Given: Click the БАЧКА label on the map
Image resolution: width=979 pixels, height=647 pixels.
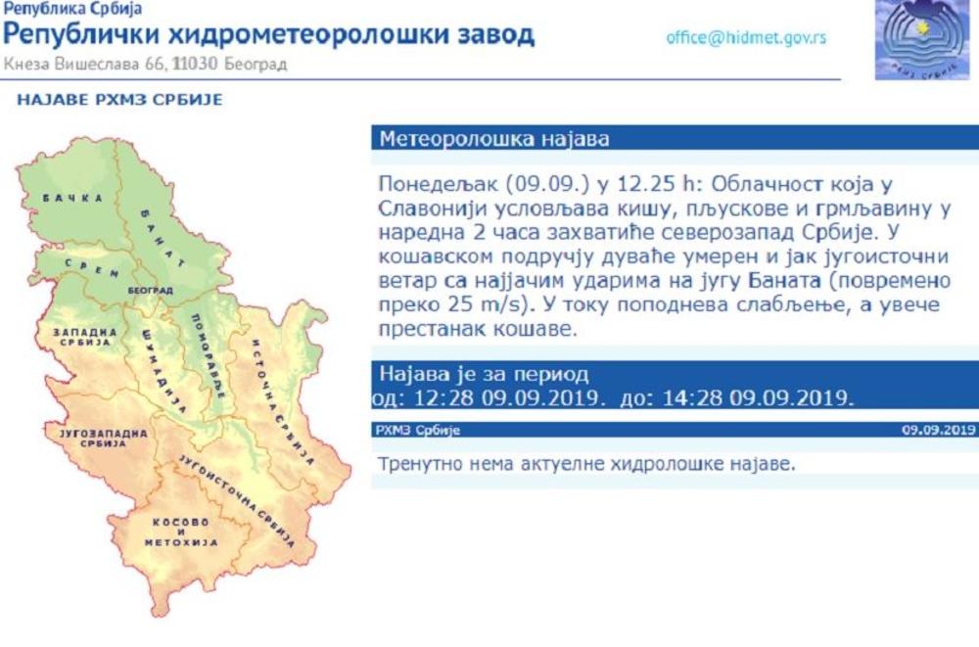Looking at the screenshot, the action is pos(73,198).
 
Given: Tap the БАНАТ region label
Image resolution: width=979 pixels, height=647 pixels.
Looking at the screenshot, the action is pos(162,238).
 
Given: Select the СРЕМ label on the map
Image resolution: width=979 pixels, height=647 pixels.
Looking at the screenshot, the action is pos(91,268).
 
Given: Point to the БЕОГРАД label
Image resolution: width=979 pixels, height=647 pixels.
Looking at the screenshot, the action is pos(151,291).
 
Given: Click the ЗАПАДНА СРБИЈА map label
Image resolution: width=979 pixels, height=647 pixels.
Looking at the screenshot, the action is pos(85,338).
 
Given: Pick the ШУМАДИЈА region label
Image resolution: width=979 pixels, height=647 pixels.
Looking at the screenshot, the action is pos(163,371).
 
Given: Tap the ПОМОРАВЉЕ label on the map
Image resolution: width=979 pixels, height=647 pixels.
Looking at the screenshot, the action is pos(208,356).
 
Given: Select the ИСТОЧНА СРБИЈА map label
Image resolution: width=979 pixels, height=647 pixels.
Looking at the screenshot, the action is pos(282,403).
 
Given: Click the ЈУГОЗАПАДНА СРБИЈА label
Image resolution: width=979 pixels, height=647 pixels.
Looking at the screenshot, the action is pos(104,438).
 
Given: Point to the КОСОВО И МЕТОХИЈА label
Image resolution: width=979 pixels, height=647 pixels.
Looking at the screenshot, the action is pos(181,532).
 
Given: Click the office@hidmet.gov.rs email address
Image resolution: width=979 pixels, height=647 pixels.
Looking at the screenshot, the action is pos(746,38).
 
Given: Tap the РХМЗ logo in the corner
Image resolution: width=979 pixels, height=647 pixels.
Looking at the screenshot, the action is pos(922,40).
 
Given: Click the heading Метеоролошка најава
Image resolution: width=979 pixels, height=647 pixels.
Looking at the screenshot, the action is pos(493,138).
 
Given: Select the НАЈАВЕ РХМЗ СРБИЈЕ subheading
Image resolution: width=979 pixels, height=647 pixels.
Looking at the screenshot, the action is pos(119,100).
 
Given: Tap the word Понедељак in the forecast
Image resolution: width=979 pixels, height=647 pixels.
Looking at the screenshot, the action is pos(439,185).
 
